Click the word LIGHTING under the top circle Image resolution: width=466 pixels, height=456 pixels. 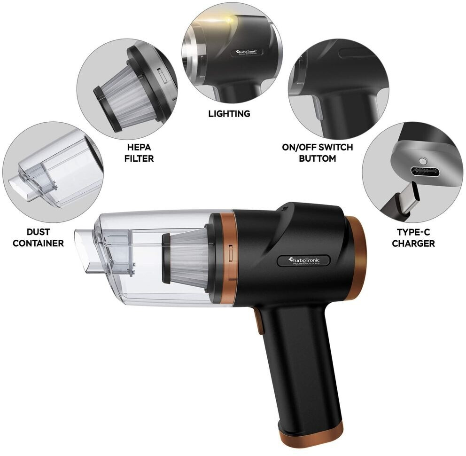click(229, 114)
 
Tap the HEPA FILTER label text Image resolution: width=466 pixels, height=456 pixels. click(139, 153)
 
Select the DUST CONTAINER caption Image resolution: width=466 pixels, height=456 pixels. click(39, 237)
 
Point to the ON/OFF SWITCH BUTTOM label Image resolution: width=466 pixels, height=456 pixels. click(318, 153)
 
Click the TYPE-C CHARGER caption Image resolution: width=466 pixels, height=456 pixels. click(413, 238)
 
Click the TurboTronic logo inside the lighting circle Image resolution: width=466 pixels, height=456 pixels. click(247, 53)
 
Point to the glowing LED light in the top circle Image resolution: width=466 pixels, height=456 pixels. click(229, 20)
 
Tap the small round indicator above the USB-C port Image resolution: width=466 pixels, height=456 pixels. click(422, 161)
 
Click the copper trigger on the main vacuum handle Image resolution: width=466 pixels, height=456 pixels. click(259, 321)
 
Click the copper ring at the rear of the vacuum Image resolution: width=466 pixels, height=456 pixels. click(358, 258)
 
